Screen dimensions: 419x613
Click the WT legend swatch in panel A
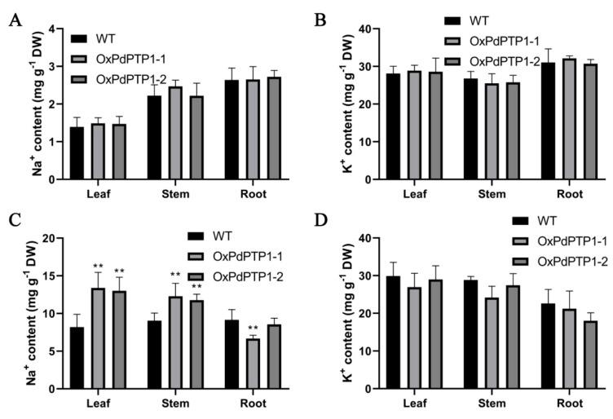pos(79,37)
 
